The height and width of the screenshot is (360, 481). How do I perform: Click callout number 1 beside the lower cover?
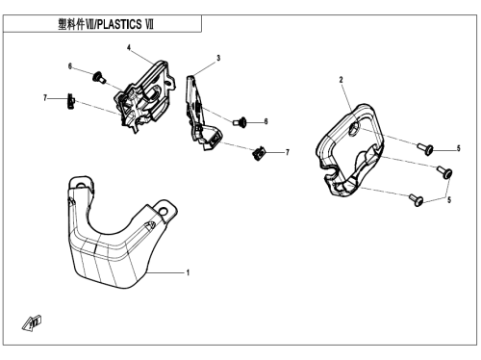[188, 272]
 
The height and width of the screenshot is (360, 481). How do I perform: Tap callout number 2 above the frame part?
[341, 80]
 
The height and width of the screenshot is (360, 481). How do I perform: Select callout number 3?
[218, 58]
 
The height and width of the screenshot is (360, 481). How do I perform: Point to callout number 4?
[129, 48]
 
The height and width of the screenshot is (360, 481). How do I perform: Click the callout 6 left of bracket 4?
[70, 66]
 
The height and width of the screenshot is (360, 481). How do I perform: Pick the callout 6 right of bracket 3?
[266, 121]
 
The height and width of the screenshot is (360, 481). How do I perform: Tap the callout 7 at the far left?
[45, 97]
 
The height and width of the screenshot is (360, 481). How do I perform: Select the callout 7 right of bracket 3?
[288, 152]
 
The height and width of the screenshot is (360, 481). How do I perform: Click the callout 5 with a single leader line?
[459, 148]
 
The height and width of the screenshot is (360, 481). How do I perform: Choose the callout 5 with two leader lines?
[449, 200]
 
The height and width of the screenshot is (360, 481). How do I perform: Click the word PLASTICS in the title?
[119, 24]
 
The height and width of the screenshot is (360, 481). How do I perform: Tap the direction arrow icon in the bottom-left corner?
[32, 322]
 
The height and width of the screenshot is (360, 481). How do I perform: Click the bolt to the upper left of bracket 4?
[99, 77]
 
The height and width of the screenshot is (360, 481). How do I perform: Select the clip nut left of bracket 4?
[71, 101]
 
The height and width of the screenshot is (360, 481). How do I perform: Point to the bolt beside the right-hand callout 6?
[240, 122]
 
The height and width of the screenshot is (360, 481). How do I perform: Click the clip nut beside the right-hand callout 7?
[259, 153]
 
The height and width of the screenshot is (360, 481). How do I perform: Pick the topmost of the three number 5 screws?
[425, 149]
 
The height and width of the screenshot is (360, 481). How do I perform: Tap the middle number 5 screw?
[445, 171]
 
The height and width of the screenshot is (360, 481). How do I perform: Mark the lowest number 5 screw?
[417, 199]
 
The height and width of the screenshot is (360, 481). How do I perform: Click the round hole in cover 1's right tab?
[164, 212]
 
